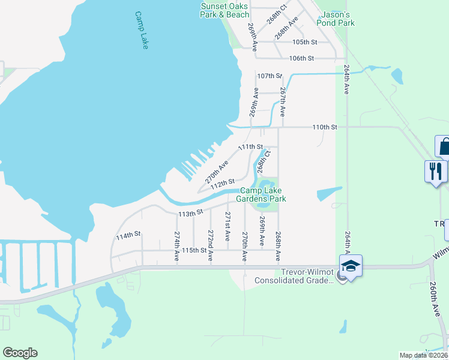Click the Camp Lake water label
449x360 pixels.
tap(141, 30)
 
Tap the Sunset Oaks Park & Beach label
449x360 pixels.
tap(224, 10)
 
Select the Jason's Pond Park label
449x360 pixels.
tap(339, 19)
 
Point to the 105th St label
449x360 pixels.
tap(304, 42)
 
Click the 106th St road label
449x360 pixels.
tap(301, 58)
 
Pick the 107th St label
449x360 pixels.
tap(269, 76)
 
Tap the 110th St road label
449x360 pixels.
tap(325, 127)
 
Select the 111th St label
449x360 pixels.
tap(250, 147)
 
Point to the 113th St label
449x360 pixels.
tap(191, 213)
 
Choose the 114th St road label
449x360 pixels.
tap(128, 236)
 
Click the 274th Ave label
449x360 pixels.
tap(177, 246)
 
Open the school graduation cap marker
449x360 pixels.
tap(351, 266)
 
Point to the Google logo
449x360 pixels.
tap(20, 353)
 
